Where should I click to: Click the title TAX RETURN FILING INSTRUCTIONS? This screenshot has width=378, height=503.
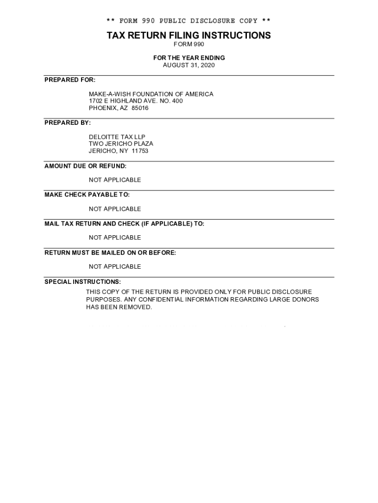pyautogui.click(x=189, y=35)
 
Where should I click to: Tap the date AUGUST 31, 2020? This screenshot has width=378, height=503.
pyautogui.click(x=189, y=65)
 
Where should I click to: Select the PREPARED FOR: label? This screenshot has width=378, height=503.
pyautogui.click(x=70, y=80)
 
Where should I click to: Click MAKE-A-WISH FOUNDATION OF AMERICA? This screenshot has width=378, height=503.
pyautogui.click(x=151, y=94)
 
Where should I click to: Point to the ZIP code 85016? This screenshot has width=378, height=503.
pyautogui.click(x=140, y=108)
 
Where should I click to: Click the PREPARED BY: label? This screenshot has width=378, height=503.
pyautogui.click(x=68, y=122)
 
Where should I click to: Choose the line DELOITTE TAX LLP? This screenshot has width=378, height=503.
pyautogui.click(x=117, y=137)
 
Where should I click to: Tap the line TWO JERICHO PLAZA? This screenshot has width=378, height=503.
pyautogui.click(x=121, y=143)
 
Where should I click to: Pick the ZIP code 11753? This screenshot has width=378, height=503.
pyautogui.click(x=140, y=151)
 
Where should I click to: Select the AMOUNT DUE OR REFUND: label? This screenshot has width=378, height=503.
pyautogui.click(x=85, y=166)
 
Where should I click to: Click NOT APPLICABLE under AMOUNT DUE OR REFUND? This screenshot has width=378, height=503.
pyautogui.click(x=115, y=180)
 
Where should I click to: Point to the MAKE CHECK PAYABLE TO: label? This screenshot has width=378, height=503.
pyautogui.click(x=87, y=195)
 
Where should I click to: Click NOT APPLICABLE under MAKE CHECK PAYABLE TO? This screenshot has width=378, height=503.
pyautogui.click(x=115, y=209)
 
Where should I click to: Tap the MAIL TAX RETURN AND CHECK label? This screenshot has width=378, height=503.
pyautogui.click(x=124, y=224)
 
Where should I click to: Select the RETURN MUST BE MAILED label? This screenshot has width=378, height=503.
pyautogui.click(x=110, y=252)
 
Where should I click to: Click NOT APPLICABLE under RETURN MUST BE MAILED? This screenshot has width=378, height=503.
pyautogui.click(x=115, y=266)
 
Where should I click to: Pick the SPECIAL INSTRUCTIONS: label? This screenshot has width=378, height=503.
pyautogui.click(x=82, y=281)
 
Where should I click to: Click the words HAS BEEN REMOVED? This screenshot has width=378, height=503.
pyautogui.click(x=119, y=307)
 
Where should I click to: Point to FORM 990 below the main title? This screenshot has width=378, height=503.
pyautogui.click(x=189, y=44)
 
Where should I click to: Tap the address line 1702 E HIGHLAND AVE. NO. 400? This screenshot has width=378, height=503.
pyautogui.click(x=136, y=101)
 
